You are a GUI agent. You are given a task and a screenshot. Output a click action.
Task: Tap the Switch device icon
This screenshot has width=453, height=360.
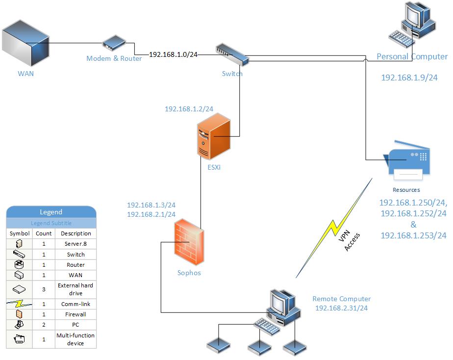[x=232, y=54]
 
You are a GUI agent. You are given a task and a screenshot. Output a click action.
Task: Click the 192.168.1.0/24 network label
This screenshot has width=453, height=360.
[x=173, y=54]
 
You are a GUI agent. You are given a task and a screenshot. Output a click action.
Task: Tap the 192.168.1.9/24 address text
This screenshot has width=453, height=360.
[x=409, y=77]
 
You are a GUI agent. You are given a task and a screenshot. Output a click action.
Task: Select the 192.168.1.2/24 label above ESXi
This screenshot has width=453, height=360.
[x=189, y=109]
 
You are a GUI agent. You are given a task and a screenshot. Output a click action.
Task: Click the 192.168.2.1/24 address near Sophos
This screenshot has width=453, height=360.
[x=151, y=214]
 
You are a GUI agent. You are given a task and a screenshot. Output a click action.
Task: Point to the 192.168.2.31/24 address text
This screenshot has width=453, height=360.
[x=341, y=308]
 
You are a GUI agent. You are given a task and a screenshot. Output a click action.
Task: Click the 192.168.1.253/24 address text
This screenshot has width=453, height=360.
[x=413, y=235]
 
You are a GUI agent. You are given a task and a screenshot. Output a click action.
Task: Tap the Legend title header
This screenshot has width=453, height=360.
[x=51, y=212]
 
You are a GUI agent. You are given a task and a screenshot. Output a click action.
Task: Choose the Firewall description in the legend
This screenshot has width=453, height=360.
[x=75, y=314]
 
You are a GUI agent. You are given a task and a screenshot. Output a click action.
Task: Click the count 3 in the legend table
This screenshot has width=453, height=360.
[x=44, y=289]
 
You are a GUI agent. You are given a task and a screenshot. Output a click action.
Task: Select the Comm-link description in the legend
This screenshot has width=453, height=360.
[x=75, y=304]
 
